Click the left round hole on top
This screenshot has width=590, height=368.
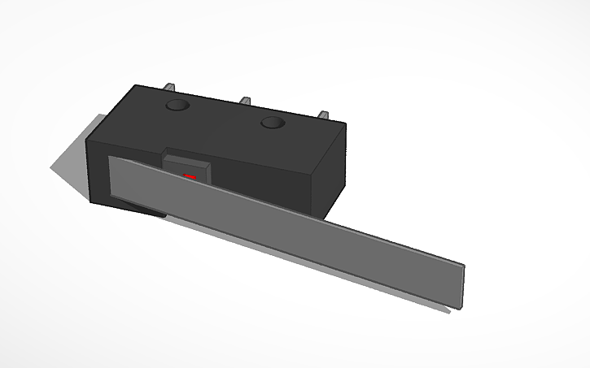(177, 106)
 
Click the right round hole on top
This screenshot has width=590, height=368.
(271, 123)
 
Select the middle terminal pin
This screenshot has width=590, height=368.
(244, 102)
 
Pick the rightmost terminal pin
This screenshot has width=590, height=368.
(322, 117)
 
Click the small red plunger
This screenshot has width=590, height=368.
(190, 176)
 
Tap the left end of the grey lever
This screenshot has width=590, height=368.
(114, 179)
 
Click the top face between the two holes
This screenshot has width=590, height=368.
(224, 115)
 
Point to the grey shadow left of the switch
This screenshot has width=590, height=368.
(69, 171)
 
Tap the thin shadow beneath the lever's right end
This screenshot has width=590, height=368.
(444, 308)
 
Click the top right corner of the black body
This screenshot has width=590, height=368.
(345, 124)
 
